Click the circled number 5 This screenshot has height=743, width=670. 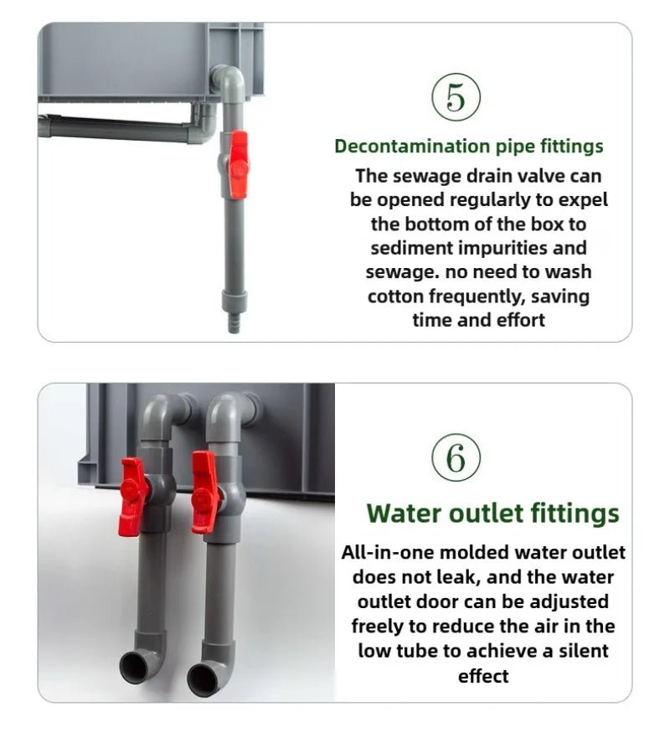(456, 97)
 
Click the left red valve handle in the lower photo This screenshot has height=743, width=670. (132, 496)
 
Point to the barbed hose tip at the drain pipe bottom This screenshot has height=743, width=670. (234, 323)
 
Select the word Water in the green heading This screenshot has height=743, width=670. (402, 513)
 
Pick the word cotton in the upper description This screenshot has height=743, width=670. (395, 296)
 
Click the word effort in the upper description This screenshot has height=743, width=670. (518, 320)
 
